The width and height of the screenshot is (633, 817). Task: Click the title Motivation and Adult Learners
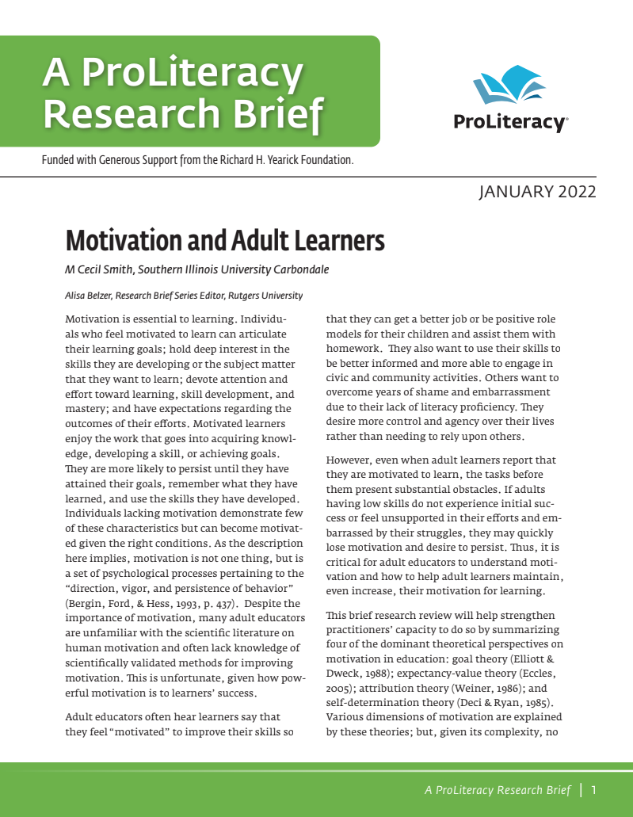point(225,240)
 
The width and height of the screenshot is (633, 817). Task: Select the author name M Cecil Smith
point(99,269)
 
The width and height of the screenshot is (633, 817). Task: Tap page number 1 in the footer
point(593,789)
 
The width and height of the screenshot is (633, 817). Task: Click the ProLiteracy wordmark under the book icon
point(509,123)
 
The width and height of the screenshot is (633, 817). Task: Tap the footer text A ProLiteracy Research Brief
point(498,789)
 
